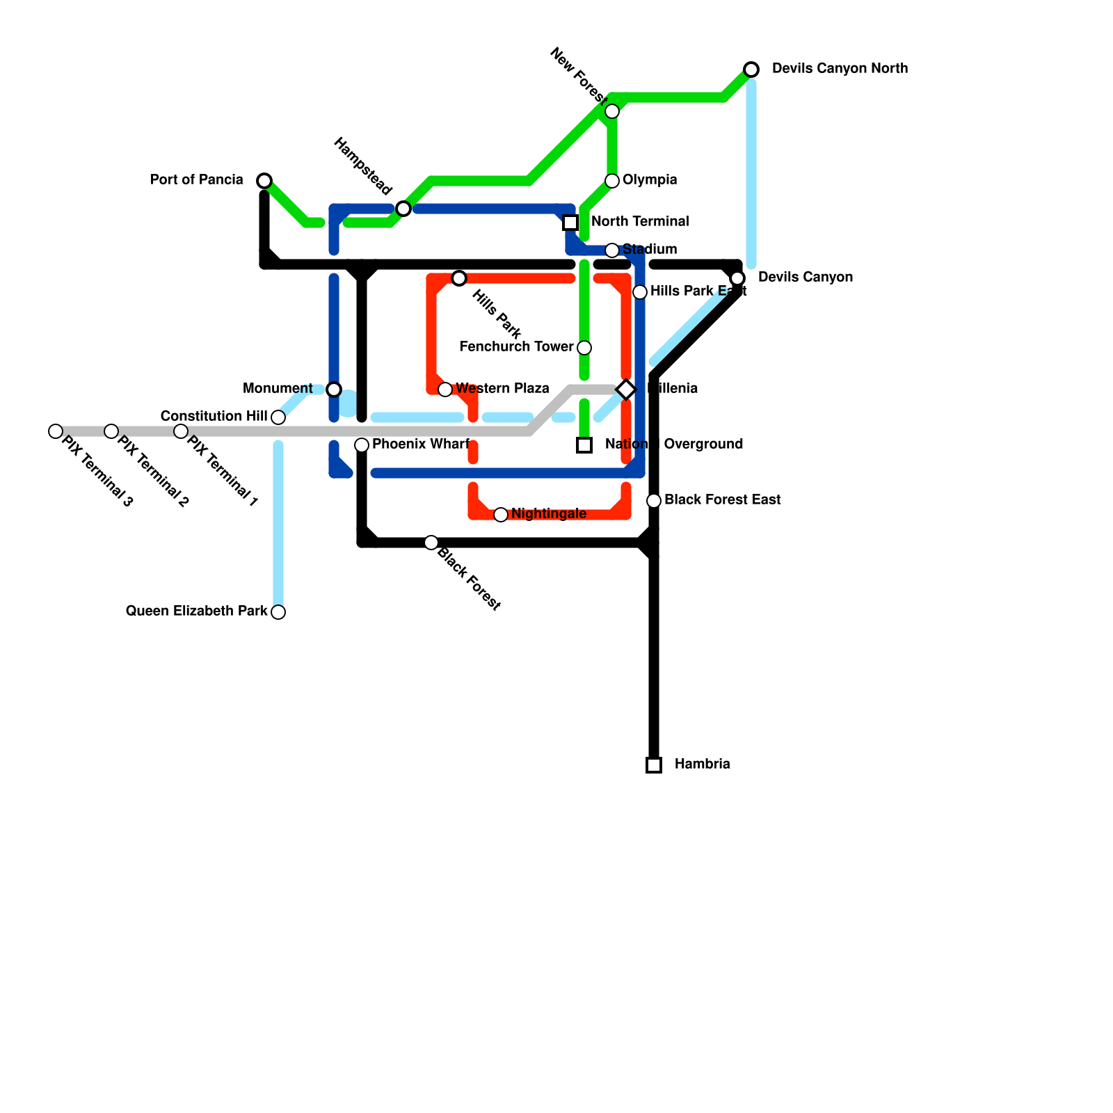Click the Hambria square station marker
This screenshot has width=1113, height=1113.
tap(654, 765)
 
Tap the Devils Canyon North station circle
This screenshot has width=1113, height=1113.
tap(751, 70)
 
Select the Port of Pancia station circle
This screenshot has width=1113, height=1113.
tap(264, 181)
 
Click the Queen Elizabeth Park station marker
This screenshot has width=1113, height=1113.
tap(278, 612)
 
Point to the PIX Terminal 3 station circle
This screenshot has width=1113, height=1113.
tap(56, 431)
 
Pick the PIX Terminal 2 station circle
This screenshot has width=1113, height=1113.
tap(111, 431)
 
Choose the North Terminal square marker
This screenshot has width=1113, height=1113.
tap(570, 223)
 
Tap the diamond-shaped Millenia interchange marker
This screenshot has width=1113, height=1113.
tap(626, 390)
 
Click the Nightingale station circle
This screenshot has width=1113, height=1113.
tap(501, 515)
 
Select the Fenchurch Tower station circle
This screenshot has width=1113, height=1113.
tap(584, 348)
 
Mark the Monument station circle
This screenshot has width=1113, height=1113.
tap(334, 390)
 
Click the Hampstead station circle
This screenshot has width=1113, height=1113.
tap(403, 209)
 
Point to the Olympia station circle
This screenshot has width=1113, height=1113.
tap(612, 181)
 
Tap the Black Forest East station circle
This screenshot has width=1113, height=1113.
tap(654, 501)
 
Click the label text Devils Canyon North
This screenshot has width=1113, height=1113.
tap(840, 68)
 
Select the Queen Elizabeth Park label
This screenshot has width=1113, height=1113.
tap(196, 611)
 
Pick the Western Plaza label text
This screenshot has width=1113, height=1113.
tap(502, 388)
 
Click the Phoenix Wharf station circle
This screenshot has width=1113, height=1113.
tap(362, 445)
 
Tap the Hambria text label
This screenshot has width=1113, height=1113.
tap(702, 764)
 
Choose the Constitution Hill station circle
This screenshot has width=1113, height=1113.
tap(278, 417)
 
